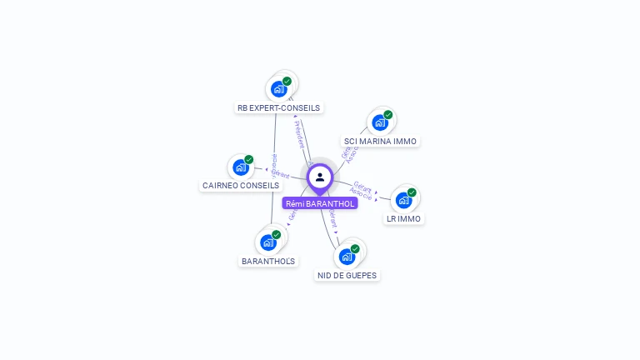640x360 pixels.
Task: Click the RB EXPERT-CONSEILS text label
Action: (278, 107)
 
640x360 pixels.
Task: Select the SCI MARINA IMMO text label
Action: (380, 141)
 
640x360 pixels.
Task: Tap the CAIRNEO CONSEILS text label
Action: (241, 185)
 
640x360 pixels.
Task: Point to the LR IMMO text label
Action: (404, 218)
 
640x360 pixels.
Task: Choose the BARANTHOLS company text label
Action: (268, 261)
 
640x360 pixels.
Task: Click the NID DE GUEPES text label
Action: (347, 275)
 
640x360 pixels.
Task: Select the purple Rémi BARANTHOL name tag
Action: (320, 203)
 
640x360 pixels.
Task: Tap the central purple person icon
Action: (320, 177)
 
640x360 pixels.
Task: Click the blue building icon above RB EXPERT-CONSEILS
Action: (278, 88)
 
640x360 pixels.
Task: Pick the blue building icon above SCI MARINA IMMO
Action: (380, 122)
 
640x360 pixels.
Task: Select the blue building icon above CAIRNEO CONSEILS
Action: (241, 167)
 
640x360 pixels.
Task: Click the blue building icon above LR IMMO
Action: (404, 200)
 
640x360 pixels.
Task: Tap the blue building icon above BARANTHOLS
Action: (268, 242)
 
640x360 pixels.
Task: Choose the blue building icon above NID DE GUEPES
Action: (347, 256)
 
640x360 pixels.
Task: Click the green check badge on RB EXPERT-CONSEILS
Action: (287, 82)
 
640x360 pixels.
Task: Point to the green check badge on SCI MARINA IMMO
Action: (388, 115)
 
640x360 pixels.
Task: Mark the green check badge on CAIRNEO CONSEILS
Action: (249, 159)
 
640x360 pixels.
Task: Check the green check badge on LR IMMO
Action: (412, 192)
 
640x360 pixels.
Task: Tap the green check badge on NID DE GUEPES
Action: (355, 248)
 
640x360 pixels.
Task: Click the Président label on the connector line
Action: (300, 134)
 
